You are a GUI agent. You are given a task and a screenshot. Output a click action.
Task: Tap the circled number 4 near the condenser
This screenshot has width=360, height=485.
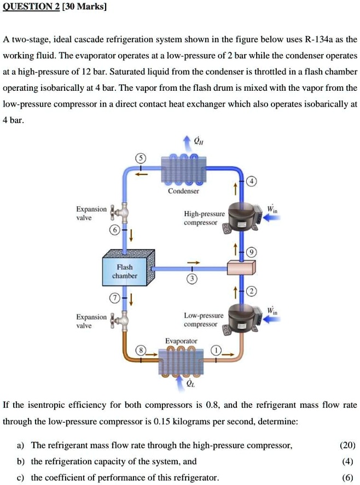251,182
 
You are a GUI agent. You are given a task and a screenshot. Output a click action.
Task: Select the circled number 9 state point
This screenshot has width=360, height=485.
251,252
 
